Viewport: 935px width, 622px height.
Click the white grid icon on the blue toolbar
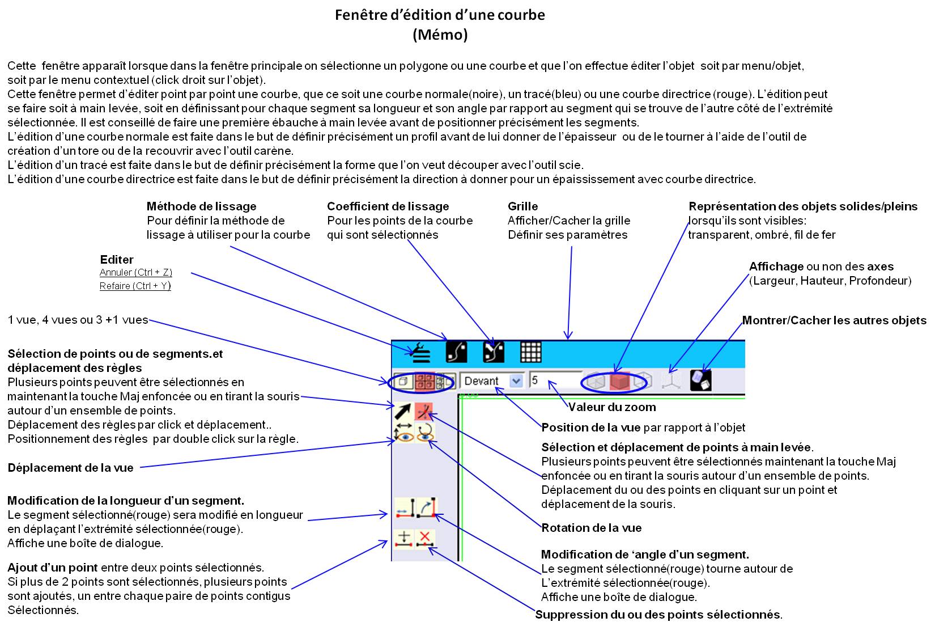(x=530, y=352)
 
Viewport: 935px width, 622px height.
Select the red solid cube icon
(x=619, y=381)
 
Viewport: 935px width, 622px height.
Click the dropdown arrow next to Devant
(x=516, y=381)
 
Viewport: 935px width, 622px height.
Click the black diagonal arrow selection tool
(x=403, y=412)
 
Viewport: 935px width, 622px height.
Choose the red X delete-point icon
(x=425, y=538)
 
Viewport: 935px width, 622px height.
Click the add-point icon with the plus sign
(x=404, y=538)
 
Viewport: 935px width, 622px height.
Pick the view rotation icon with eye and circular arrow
(x=425, y=433)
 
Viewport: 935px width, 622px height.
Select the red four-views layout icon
(x=424, y=381)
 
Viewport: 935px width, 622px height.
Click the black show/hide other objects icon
(x=701, y=380)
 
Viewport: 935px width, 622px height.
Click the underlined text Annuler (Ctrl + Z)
(x=135, y=272)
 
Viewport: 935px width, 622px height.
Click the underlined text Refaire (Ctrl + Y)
(x=135, y=286)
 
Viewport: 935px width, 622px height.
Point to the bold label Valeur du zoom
(x=612, y=407)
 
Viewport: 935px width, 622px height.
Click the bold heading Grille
(x=522, y=206)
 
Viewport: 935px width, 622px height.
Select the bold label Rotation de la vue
(x=592, y=528)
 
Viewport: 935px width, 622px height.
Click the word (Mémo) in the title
(x=440, y=35)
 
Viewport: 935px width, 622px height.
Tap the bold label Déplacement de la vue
(x=70, y=468)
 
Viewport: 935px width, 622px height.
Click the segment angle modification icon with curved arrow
(x=426, y=507)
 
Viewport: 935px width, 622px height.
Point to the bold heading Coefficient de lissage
(x=388, y=206)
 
